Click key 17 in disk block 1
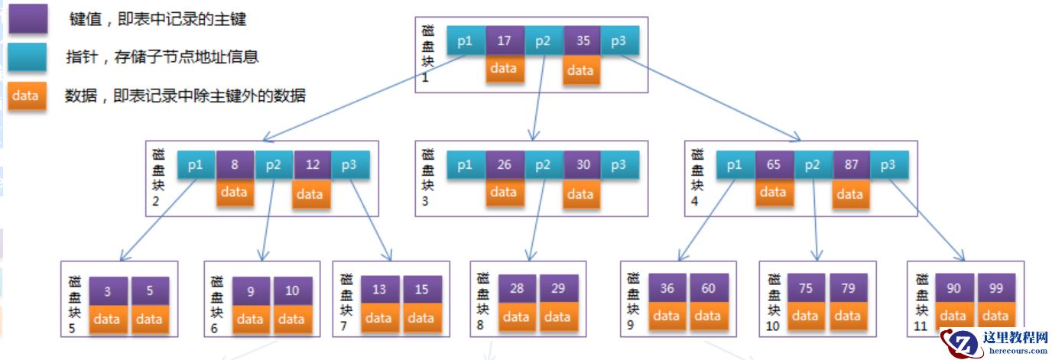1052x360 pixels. coord(504,41)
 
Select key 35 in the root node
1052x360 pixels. coord(583,41)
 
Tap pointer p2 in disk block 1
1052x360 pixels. coord(543,41)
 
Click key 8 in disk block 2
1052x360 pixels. coord(235,164)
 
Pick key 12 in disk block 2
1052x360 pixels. coord(311,164)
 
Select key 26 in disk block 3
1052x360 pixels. coord(504,164)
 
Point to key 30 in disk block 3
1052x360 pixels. coord(583,164)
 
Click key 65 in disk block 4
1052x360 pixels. coord(773,164)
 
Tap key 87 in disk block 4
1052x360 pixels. coord(850,164)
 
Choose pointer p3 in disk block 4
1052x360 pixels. coord(888,164)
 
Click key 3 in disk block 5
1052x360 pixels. coord(107,290)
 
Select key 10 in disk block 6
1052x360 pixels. coord(292,290)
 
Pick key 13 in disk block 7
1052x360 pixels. coord(379,290)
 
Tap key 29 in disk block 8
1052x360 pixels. coord(558,288)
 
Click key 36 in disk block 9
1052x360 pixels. coord(667,288)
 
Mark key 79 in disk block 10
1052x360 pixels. coord(847,288)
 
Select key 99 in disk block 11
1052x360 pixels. coord(995,288)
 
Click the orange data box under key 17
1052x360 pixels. coord(504,69)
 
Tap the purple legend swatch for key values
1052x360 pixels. coord(28,19)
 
